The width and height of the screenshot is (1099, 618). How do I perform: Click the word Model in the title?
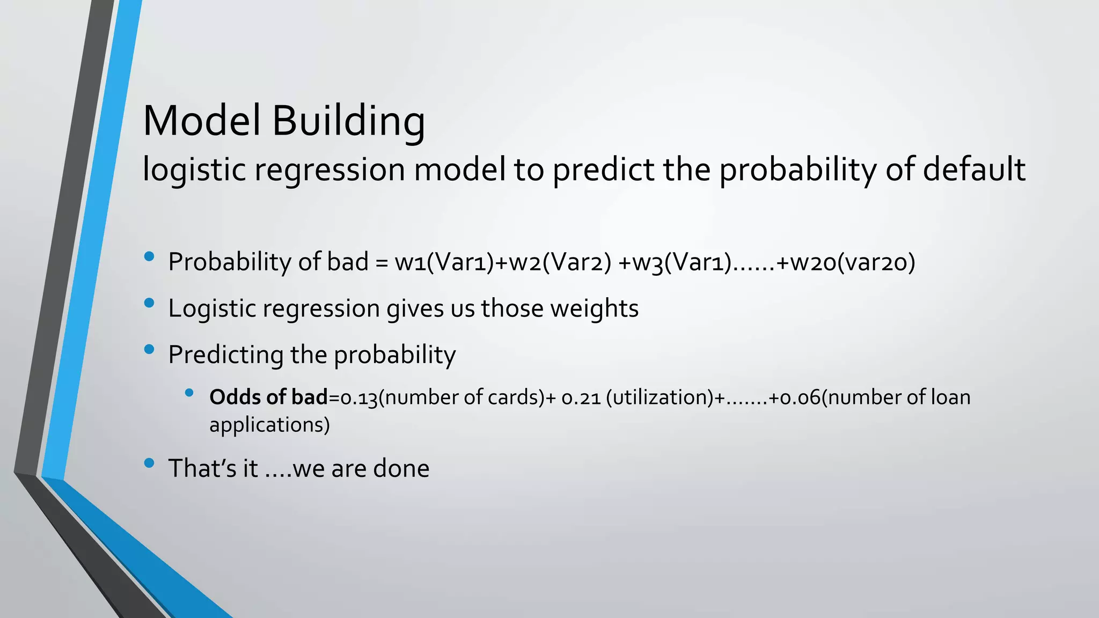(202, 121)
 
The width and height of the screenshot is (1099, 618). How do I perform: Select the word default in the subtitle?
(974, 170)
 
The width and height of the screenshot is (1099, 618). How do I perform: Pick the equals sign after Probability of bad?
(382, 263)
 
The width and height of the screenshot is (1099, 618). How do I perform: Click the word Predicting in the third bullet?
(225, 355)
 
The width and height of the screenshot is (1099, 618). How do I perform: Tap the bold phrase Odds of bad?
(268, 398)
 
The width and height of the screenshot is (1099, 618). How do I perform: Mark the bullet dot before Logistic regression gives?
(149, 304)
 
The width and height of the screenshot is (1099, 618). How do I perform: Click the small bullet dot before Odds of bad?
(189, 393)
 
